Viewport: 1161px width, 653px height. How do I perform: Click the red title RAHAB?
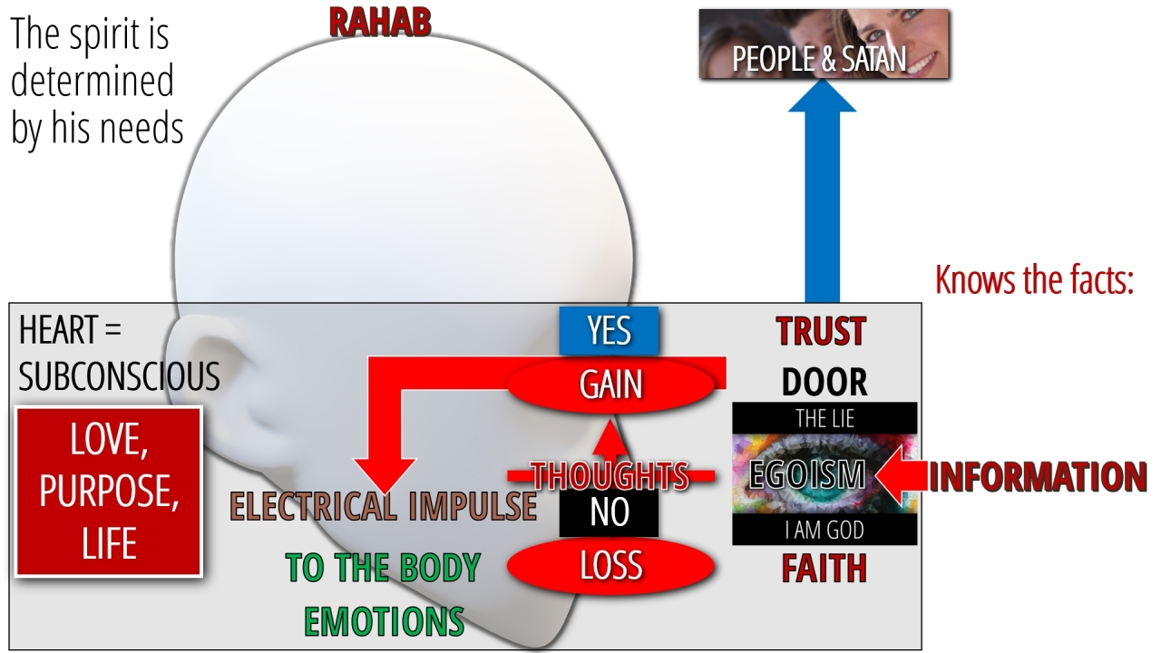[x=380, y=23]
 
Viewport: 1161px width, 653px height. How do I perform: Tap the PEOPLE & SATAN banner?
[x=824, y=44]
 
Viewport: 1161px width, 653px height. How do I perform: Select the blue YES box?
[x=609, y=331]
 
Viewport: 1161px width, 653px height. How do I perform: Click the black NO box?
[x=609, y=512]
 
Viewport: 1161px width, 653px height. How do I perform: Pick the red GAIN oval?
[x=610, y=385]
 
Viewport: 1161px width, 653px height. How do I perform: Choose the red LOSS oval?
[x=610, y=565]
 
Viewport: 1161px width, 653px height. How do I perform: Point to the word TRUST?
[x=822, y=331]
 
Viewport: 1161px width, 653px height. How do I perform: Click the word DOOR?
[x=824, y=383]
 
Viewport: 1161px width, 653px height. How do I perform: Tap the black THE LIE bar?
[x=824, y=418]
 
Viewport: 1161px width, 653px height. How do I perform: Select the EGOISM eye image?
[x=824, y=473]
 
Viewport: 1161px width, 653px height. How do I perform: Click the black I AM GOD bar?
[x=824, y=529]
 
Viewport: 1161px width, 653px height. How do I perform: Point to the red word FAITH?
[x=824, y=569]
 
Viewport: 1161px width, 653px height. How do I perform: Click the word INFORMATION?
[x=1038, y=477]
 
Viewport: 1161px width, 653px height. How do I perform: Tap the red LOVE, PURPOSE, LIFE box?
[x=109, y=492]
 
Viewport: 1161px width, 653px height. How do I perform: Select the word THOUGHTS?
[x=610, y=476]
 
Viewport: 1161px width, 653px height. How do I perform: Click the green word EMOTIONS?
[x=384, y=621]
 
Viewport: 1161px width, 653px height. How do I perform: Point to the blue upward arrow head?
[x=822, y=96]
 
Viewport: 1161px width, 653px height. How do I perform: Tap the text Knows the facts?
[x=1035, y=280]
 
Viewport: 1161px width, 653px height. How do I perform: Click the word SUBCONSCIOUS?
[x=119, y=376]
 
